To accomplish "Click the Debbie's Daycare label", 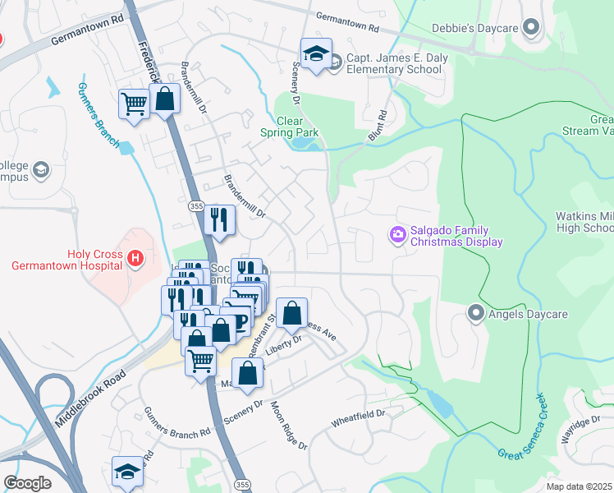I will click(474, 29).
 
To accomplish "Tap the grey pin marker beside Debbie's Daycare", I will click(532, 29).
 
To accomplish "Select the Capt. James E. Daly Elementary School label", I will click(395, 63).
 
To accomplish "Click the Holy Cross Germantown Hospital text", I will click(66, 259).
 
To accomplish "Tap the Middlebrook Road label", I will click(90, 397).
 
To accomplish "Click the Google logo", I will click(27, 483).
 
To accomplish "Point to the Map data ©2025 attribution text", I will click(579, 486).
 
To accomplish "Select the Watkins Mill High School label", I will click(584, 222).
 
